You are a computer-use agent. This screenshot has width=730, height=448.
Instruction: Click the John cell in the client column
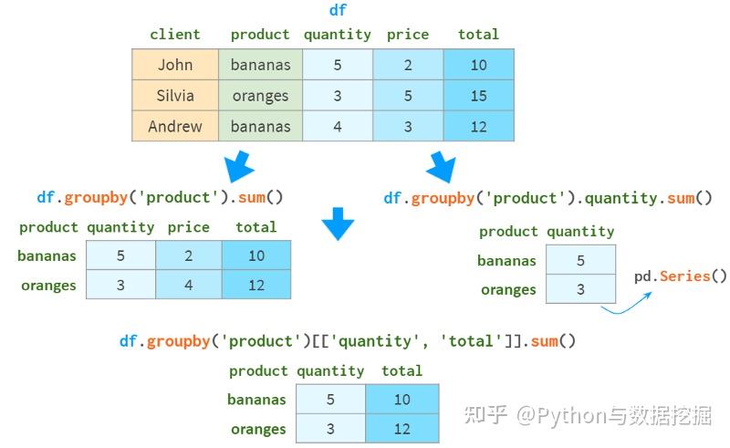175,65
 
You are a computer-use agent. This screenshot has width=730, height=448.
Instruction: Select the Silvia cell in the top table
175,96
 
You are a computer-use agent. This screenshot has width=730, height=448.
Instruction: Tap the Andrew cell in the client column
175,126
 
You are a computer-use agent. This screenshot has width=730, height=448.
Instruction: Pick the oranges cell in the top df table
261,96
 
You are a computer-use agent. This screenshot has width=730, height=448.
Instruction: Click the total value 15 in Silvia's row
478,96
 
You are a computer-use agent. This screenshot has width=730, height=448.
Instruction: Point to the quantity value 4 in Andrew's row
338,126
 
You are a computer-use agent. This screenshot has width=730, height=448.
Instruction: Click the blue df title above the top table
338,10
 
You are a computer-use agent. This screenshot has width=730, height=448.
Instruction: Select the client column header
175,34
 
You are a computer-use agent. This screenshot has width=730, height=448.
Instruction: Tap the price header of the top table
408,35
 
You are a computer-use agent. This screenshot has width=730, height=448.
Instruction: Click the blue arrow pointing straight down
338,224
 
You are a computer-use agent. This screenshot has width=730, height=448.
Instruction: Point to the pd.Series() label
680,276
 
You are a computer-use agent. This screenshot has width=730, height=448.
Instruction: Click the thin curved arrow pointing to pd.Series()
627,305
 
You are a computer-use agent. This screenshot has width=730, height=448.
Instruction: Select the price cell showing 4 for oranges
189,285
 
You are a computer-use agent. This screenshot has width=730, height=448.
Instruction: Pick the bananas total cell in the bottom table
402,399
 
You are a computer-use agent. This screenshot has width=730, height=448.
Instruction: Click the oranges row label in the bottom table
258,429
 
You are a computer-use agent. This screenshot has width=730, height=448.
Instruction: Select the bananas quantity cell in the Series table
580,260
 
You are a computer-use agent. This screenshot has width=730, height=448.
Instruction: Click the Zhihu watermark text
588,414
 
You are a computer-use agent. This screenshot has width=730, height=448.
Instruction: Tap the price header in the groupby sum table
189,227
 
